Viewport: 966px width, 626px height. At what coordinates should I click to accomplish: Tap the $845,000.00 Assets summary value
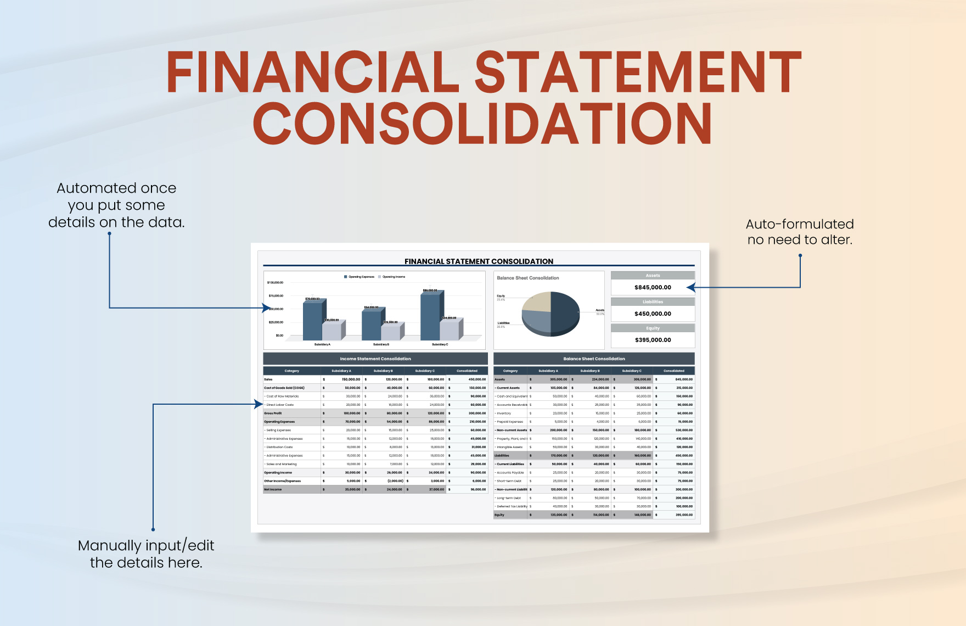[x=653, y=287]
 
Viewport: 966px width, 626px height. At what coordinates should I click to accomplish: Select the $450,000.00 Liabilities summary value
[x=653, y=314]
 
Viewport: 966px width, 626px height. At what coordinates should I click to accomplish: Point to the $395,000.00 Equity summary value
[x=653, y=340]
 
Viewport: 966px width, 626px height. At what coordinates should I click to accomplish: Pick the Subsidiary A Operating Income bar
[x=332, y=331]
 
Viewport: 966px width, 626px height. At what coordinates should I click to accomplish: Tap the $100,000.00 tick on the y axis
[x=275, y=283]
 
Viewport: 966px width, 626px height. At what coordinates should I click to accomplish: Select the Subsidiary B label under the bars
[x=381, y=344]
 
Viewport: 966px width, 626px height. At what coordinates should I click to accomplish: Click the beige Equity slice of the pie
[x=537, y=303]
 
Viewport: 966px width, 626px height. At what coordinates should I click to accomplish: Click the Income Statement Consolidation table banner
[x=375, y=359]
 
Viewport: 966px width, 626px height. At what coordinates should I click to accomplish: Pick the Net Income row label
[x=273, y=489]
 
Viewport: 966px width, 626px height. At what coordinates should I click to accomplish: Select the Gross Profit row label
[x=273, y=413]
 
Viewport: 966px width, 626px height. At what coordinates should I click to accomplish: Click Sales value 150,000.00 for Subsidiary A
[x=351, y=379]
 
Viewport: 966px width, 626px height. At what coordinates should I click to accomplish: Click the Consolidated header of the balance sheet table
[x=673, y=371]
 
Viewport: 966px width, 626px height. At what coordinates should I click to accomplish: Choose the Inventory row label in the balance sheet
[x=504, y=413]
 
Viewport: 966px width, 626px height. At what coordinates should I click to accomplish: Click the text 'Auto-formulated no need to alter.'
[x=799, y=232]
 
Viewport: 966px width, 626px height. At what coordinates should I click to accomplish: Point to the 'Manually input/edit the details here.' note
[x=146, y=554]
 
